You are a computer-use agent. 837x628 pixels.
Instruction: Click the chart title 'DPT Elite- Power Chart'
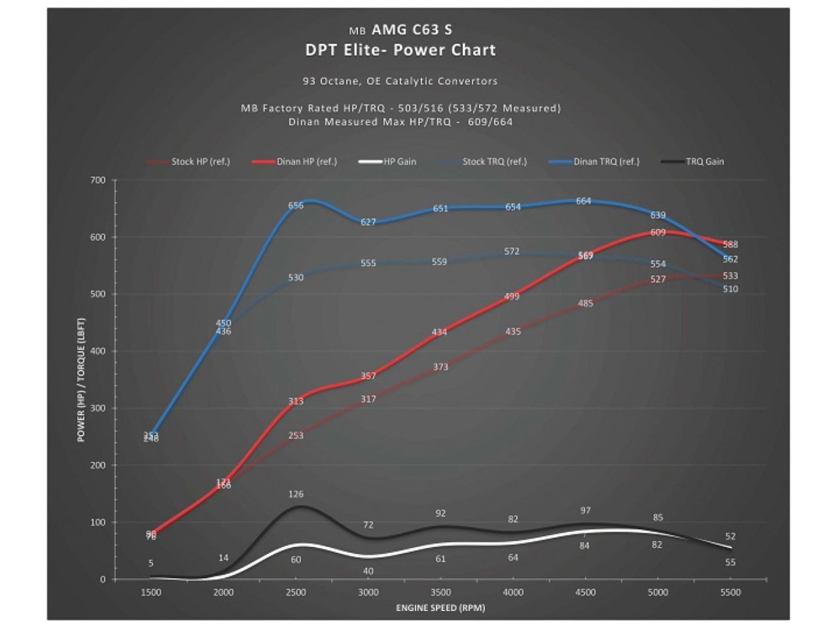[x=400, y=50]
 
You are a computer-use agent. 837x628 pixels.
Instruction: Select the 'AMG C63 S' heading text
[x=411, y=29]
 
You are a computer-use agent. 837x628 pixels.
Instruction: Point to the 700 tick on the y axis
[x=98, y=180]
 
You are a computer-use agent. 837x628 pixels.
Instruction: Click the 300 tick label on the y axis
[x=98, y=408]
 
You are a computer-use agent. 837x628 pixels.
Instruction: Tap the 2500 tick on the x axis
[x=296, y=592]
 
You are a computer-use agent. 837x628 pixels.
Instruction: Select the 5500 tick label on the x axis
[x=730, y=592]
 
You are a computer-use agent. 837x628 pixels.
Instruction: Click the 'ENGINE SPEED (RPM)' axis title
[x=440, y=608]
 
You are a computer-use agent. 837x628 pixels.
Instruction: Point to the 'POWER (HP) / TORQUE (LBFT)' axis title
[x=81, y=379]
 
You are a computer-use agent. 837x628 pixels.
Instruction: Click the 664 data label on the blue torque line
[x=584, y=201]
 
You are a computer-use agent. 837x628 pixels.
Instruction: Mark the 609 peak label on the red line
[x=658, y=232]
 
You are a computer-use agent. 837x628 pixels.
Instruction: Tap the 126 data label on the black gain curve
[x=296, y=494]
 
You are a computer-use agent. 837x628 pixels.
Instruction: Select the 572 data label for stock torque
[x=512, y=251]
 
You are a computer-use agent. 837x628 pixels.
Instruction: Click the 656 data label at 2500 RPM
[x=296, y=205]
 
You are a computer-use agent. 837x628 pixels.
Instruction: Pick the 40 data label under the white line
[x=368, y=571]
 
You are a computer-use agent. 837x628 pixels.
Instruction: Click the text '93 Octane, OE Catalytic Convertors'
[x=400, y=81]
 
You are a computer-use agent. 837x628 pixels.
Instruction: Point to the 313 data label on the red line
[x=296, y=401]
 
